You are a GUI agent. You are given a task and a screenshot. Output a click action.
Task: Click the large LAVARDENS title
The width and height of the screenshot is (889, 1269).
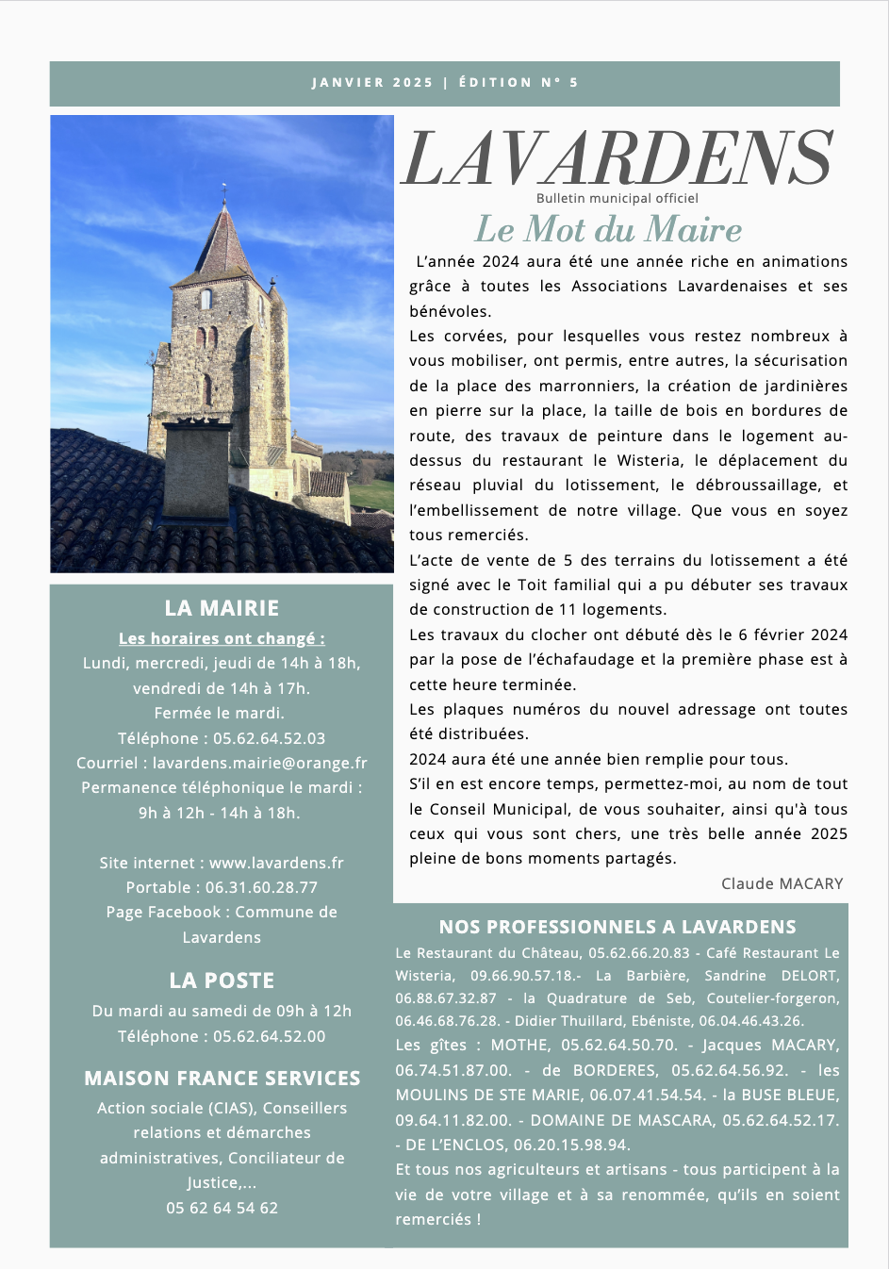(617, 158)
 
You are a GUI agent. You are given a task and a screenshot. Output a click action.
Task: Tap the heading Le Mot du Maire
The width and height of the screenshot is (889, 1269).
(608, 229)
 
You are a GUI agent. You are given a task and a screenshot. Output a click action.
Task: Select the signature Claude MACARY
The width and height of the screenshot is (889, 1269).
(782, 883)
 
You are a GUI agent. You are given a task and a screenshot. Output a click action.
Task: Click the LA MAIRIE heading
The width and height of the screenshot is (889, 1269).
(222, 608)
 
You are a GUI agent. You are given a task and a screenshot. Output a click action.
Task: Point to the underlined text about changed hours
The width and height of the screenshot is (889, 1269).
(222, 638)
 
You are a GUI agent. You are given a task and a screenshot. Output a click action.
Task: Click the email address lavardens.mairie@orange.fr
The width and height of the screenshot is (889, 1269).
(260, 763)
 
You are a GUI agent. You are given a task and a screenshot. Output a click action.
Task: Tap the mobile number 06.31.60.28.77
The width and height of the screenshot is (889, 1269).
(261, 887)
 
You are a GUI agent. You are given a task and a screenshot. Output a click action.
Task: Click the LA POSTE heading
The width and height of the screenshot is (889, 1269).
(222, 981)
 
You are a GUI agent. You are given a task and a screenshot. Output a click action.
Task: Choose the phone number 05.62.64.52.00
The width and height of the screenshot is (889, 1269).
(269, 1036)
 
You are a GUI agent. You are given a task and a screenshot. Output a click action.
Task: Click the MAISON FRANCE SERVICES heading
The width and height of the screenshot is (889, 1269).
(222, 1078)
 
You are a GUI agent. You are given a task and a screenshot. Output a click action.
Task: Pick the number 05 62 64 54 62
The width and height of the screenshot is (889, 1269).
(222, 1208)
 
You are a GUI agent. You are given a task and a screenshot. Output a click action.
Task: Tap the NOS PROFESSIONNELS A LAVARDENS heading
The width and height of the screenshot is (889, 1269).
(617, 927)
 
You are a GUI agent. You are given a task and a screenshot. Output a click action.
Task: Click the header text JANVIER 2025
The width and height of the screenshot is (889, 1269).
(372, 83)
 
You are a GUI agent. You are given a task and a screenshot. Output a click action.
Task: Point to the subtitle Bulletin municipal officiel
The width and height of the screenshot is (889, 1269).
(617, 198)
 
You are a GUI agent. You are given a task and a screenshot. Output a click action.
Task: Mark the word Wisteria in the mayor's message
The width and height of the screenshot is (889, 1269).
(650, 460)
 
